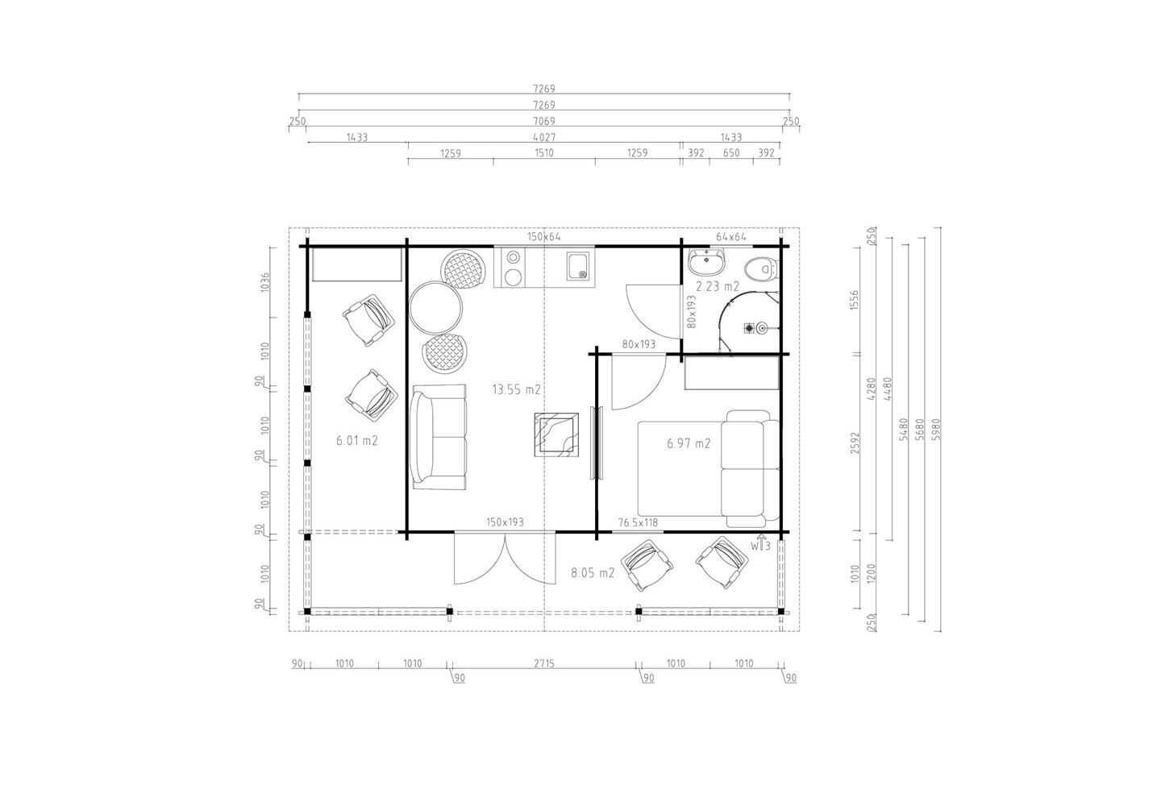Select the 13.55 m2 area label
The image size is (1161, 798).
pos(516,389)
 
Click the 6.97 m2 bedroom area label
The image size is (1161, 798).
pos(689,443)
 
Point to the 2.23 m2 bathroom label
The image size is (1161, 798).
pos(718,287)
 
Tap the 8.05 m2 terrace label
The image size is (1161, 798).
pos(593,573)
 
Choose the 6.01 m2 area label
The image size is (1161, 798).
pos(357,441)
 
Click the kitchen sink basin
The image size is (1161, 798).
pos(580,266)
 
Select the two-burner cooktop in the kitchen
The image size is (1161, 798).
pos(514,268)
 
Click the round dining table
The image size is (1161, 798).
pos(435,308)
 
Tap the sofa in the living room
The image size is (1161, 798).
pos(439,438)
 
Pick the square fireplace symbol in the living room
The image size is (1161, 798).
pos(556,434)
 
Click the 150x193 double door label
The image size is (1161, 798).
pos(505,522)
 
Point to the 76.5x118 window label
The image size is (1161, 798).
pos(638,523)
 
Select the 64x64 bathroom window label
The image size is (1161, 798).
pos(730,237)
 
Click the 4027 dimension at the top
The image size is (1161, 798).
pos(544,137)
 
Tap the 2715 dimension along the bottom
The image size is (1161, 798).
pos(543,664)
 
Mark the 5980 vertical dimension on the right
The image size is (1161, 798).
pos(935,430)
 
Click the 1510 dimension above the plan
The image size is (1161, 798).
pos(544,153)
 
